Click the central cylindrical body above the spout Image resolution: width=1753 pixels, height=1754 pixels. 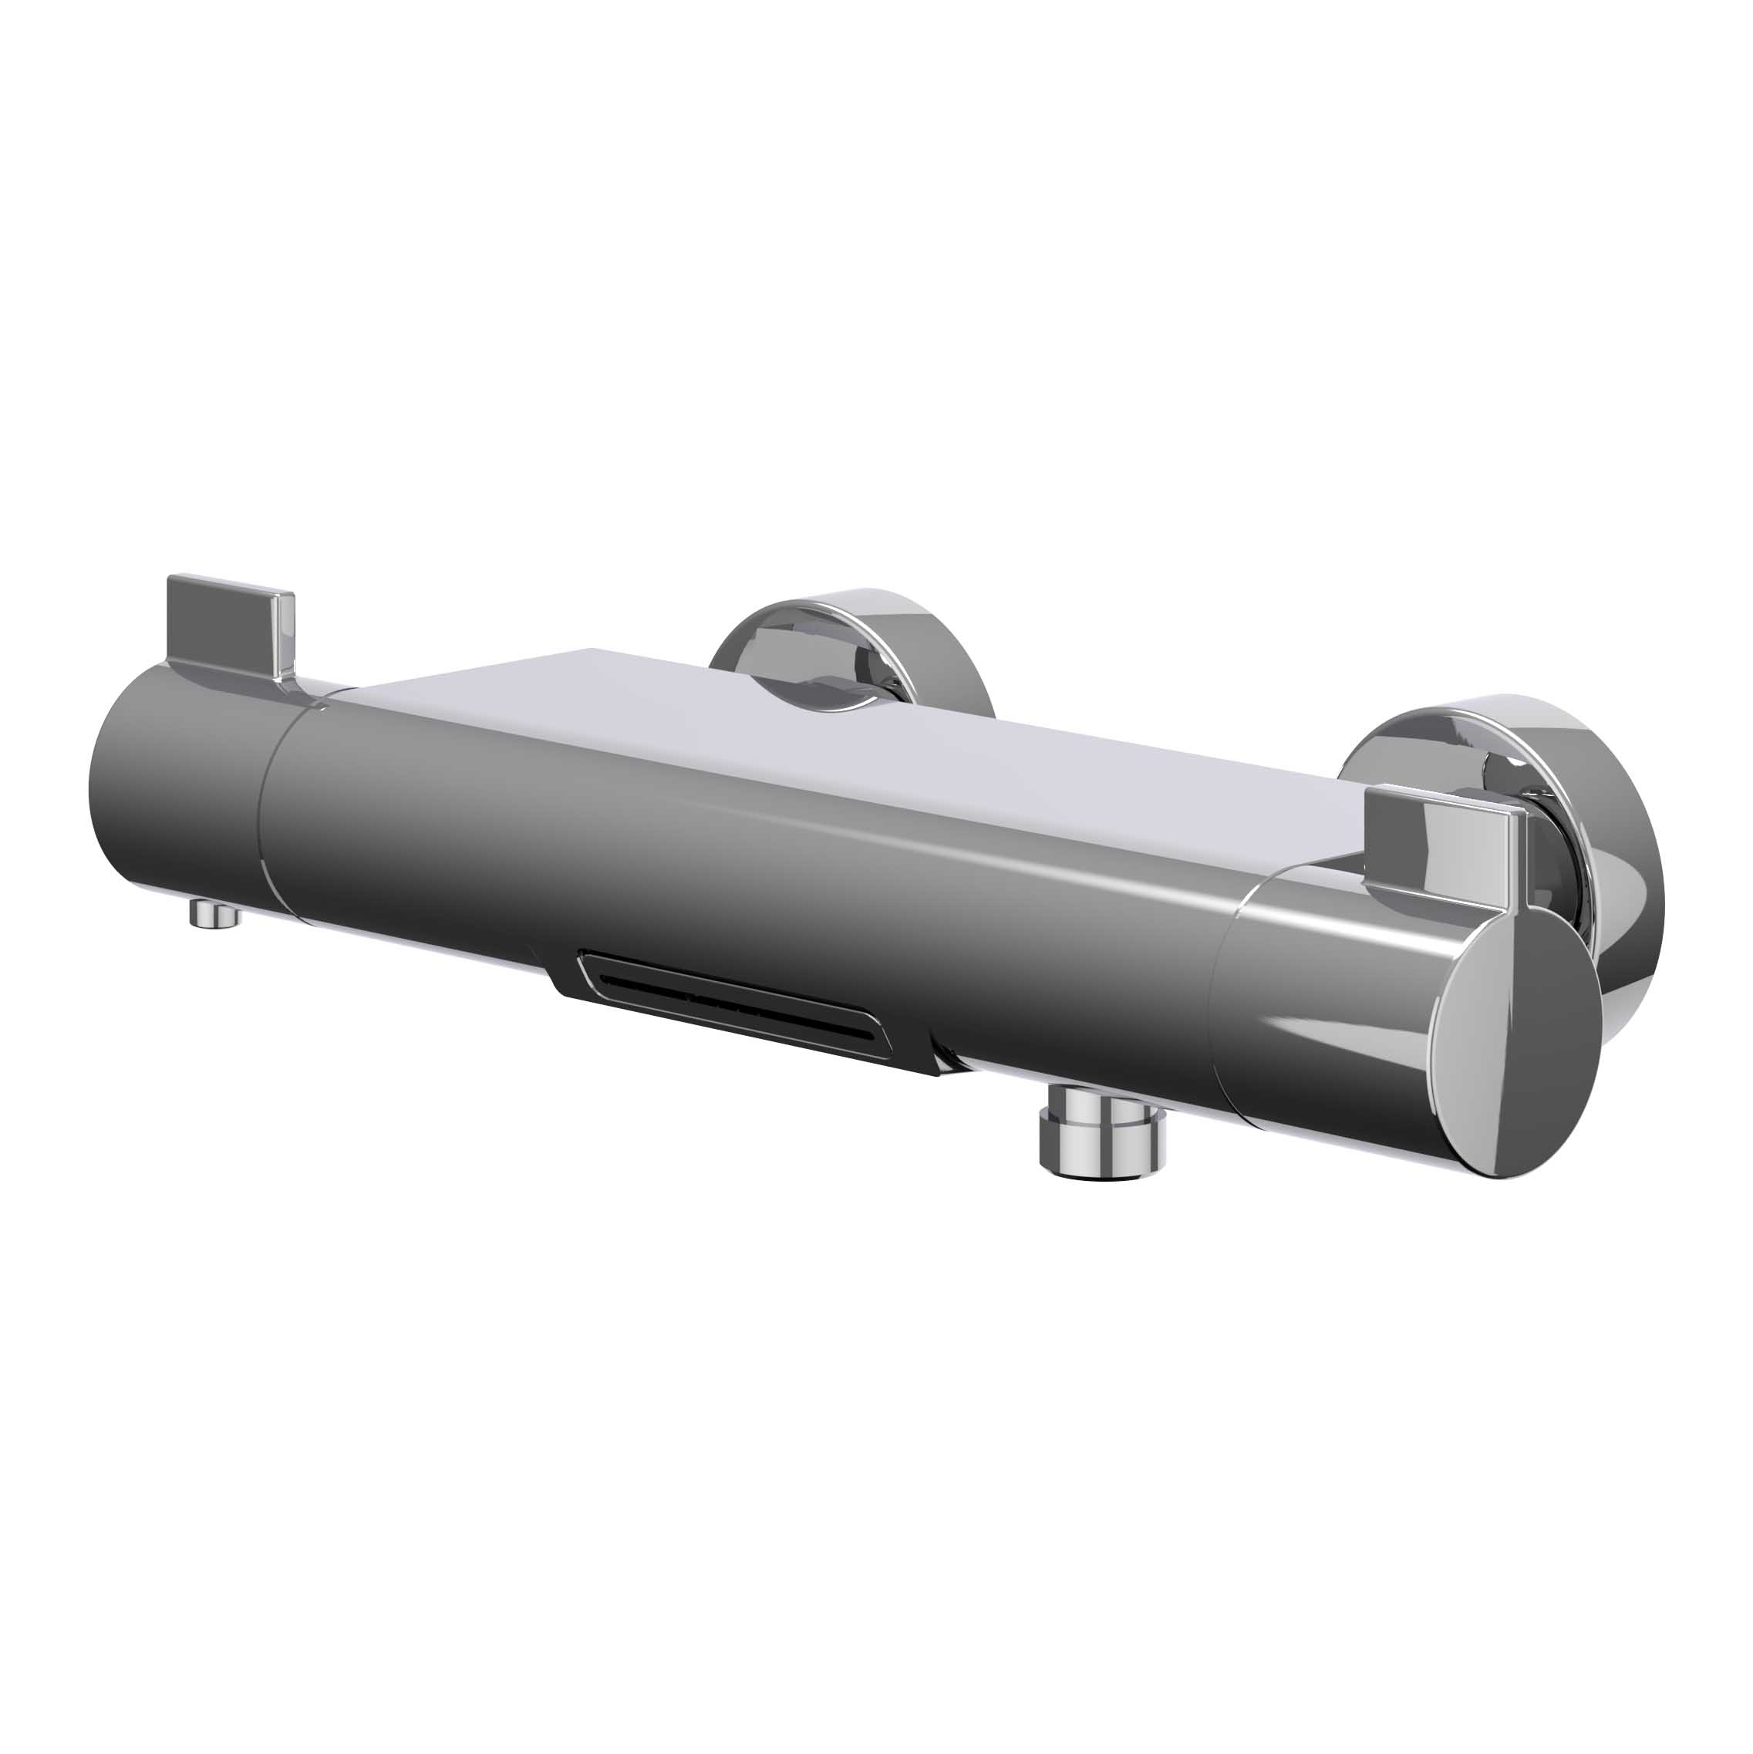726,862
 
